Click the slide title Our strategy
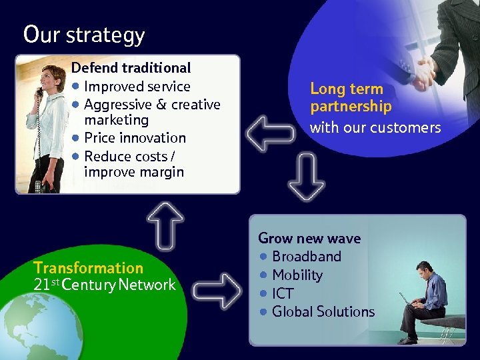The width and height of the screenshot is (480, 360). point(83,34)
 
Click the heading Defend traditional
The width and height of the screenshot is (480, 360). point(131,67)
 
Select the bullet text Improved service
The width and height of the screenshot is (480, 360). point(137,86)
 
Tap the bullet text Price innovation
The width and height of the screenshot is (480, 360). point(135,138)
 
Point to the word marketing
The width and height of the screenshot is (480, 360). point(116,120)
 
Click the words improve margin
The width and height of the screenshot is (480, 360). point(133,172)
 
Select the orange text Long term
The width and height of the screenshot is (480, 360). point(347,89)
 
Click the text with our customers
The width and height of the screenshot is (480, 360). point(375,127)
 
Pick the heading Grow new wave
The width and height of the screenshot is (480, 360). point(309,238)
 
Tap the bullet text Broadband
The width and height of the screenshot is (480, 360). point(306,257)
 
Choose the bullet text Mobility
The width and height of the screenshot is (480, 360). point(297,275)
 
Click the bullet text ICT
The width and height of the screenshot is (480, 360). point(283,293)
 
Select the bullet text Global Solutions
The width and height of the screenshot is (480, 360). point(323,311)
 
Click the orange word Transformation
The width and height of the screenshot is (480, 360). point(88,268)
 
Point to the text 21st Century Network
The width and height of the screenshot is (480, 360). point(104,285)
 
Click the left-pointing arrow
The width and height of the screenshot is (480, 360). point(269,133)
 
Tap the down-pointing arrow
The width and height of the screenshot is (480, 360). point(307,176)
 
